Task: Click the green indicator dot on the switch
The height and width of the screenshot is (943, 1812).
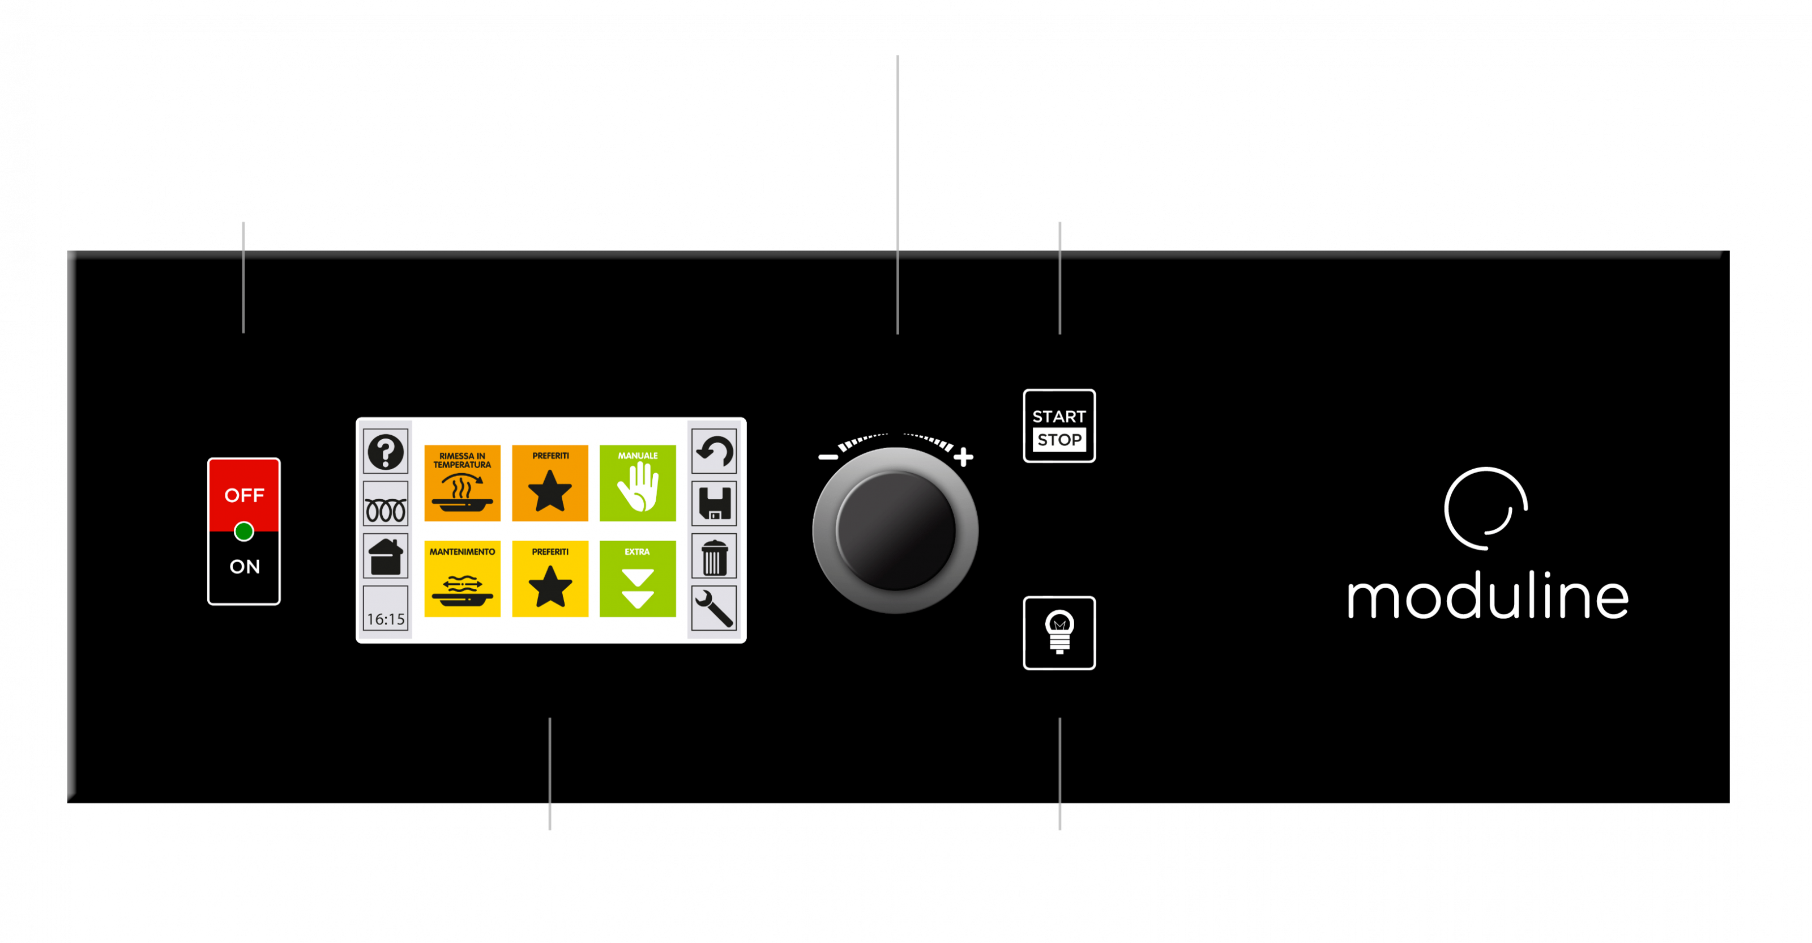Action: (244, 532)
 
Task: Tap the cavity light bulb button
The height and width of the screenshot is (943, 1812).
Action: (1059, 632)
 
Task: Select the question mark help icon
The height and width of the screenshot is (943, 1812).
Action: (386, 452)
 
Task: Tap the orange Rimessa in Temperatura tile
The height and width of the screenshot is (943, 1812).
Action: (462, 483)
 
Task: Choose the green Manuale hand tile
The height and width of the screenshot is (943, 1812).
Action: (637, 483)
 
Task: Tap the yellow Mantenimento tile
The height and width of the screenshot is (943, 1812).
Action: (462, 579)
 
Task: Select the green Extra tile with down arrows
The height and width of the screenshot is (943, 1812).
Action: (637, 579)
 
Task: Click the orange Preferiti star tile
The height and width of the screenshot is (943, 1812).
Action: (550, 483)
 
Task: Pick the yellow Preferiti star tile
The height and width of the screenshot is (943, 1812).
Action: (550, 579)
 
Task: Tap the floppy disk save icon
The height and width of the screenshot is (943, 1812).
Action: (714, 504)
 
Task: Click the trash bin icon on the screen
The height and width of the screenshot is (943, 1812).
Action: (714, 557)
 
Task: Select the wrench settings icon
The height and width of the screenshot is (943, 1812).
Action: (714, 608)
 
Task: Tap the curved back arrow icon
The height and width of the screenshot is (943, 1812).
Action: (714, 452)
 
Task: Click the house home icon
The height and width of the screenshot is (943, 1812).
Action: (386, 557)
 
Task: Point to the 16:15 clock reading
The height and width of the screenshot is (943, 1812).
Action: (386, 619)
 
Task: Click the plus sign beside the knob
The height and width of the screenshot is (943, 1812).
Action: (964, 457)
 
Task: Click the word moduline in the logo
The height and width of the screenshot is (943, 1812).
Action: (1487, 597)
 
